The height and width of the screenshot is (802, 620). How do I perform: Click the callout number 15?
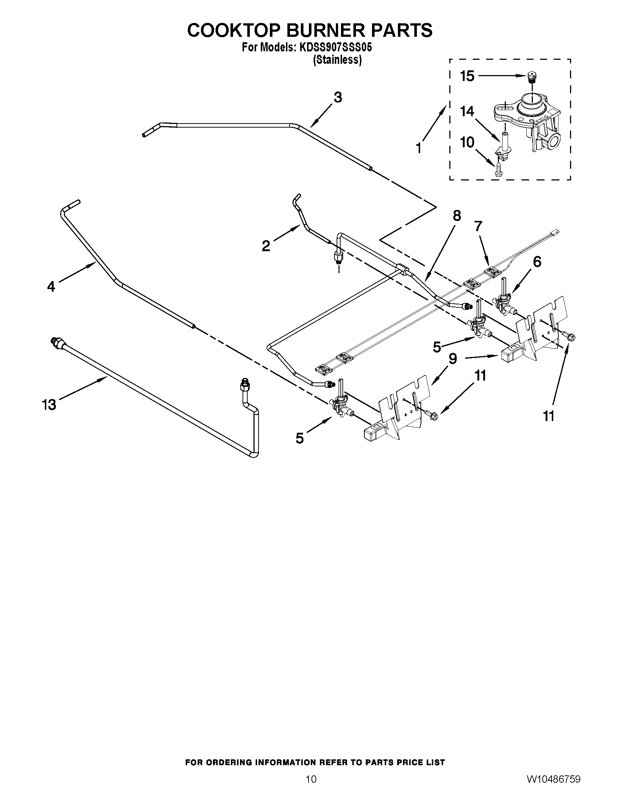[467, 77]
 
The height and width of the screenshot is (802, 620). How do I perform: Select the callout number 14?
[467, 111]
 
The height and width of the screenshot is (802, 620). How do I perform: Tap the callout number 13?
[49, 405]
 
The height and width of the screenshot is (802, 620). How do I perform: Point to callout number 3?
[338, 98]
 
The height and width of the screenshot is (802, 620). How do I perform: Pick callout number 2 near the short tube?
[266, 246]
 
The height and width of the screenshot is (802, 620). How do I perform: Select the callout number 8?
[457, 216]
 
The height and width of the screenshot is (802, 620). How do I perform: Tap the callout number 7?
[478, 226]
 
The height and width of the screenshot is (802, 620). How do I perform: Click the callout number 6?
[537, 262]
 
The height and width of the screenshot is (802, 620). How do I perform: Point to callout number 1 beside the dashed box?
[419, 148]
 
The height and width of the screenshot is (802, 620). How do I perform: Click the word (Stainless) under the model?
[337, 60]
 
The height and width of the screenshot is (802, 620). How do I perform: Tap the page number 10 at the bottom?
[311, 787]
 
